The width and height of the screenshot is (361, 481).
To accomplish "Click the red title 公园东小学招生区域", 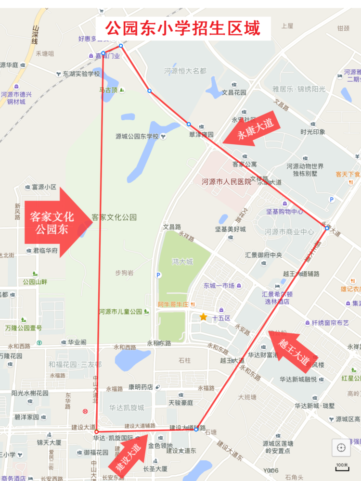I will pos(182,28).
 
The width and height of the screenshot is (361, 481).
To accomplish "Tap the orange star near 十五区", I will pos(204,316).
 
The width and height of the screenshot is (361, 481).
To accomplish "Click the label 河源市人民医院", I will pos(226,182).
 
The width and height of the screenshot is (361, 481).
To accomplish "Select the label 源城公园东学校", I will pos(137,137).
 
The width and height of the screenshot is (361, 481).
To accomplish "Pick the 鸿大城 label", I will pos(182,262).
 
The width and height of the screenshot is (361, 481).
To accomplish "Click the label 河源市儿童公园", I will pos(120,312).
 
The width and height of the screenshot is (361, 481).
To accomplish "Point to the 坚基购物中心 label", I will pos(284,211).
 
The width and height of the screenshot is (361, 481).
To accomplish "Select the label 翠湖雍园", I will pos(201,135).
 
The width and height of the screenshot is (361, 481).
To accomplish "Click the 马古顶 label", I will pos(109,89).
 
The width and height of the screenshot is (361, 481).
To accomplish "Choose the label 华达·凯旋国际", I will pos(114,438).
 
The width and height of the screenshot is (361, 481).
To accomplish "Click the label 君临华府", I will pos(45,251).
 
